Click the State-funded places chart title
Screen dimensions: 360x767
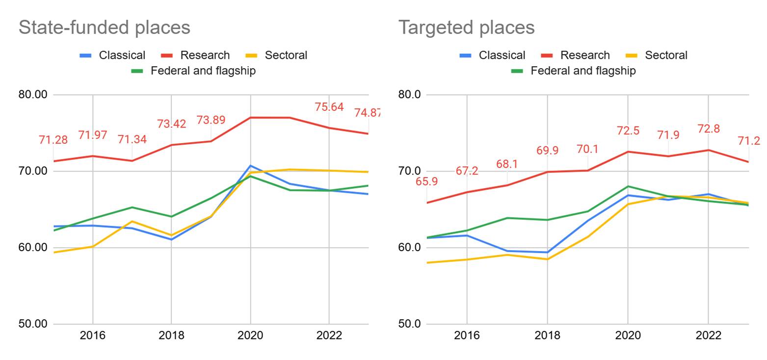point(104,27)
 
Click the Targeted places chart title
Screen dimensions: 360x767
point(466,27)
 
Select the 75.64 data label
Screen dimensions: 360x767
point(329,107)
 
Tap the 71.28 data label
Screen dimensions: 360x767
point(53,140)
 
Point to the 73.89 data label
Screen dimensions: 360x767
point(211,120)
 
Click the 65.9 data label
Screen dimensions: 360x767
point(426,181)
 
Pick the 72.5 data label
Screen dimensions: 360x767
point(628,131)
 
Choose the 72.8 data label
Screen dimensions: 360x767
point(708,129)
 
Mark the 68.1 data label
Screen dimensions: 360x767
point(507,164)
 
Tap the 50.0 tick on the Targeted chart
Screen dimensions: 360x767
point(409,324)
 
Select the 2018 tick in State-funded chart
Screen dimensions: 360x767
point(171,336)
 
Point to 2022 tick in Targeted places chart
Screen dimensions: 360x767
point(708,336)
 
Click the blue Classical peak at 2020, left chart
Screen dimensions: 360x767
point(250,166)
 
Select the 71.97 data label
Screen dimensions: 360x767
point(93,135)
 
